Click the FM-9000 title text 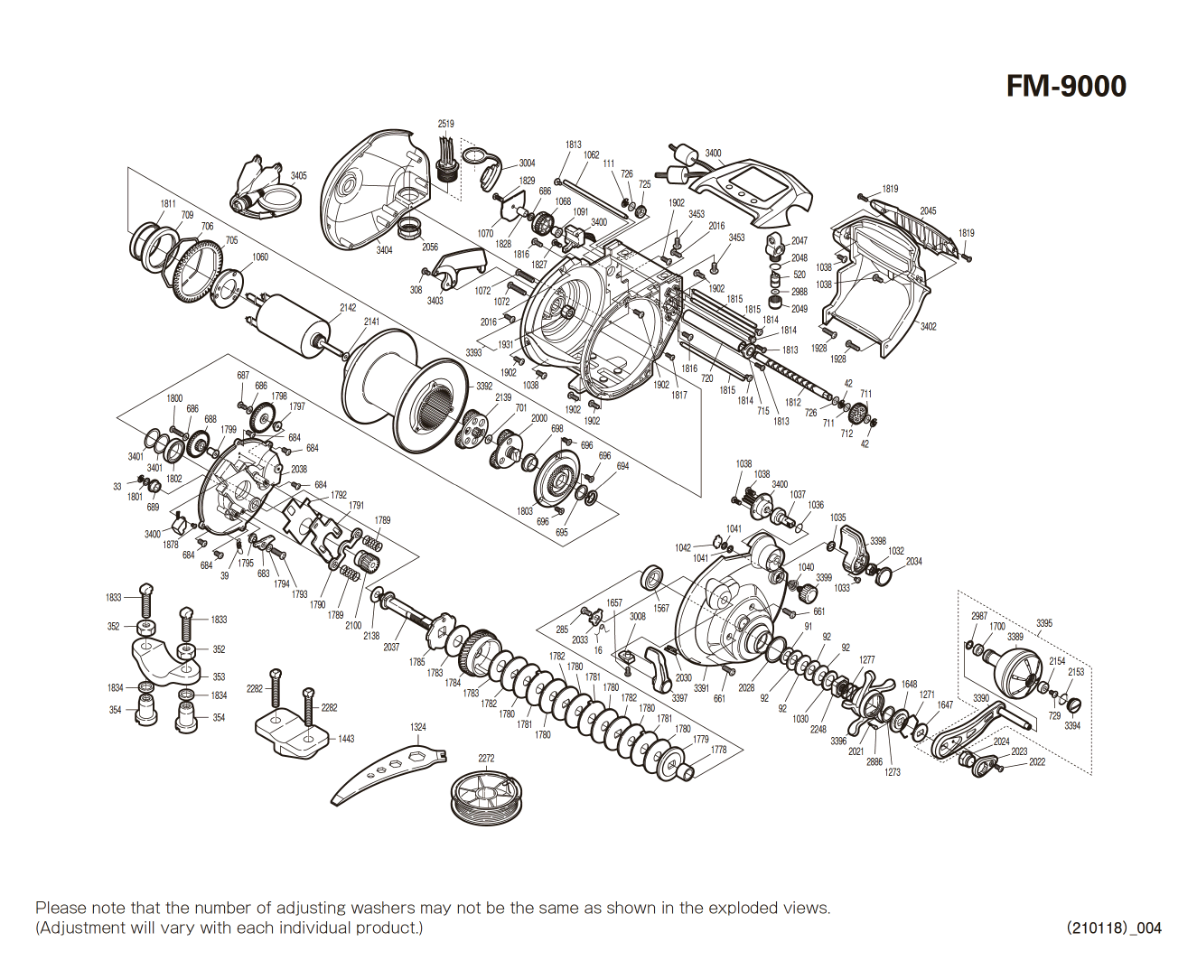click(x=1066, y=87)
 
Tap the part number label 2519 click(x=445, y=124)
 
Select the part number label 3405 click(x=298, y=176)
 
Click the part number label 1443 click(x=346, y=739)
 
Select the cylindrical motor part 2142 click(x=294, y=322)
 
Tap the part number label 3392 click(x=484, y=386)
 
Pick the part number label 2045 click(x=928, y=210)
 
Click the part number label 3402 click(x=928, y=326)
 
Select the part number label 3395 click(x=1043, y=623)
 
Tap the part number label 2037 click(x=390, y=647)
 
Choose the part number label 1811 click(x=168, y=204)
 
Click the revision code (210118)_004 click(x=1114, y=928)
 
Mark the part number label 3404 click(x=384, y=250)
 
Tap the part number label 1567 click(x=661, y=608)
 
